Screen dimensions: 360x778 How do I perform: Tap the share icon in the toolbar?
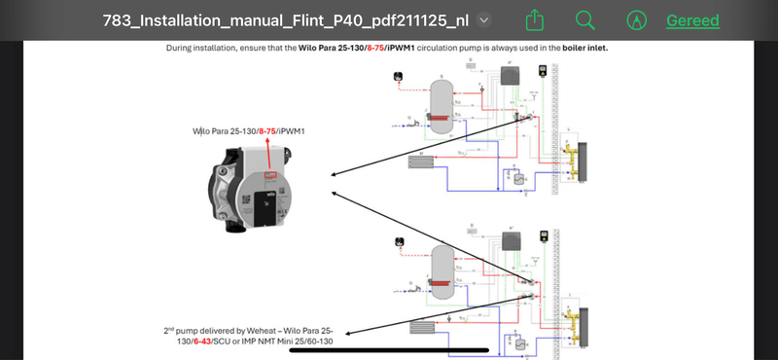tap(534, 19)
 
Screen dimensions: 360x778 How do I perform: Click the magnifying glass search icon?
tap(584, 19)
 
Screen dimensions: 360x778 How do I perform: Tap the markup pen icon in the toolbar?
tap(637, 19)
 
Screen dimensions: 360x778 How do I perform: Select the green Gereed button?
tap(692, 20)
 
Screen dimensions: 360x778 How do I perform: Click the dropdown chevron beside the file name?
tap(484, 19)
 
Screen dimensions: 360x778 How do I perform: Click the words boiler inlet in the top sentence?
tap(584, 47)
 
